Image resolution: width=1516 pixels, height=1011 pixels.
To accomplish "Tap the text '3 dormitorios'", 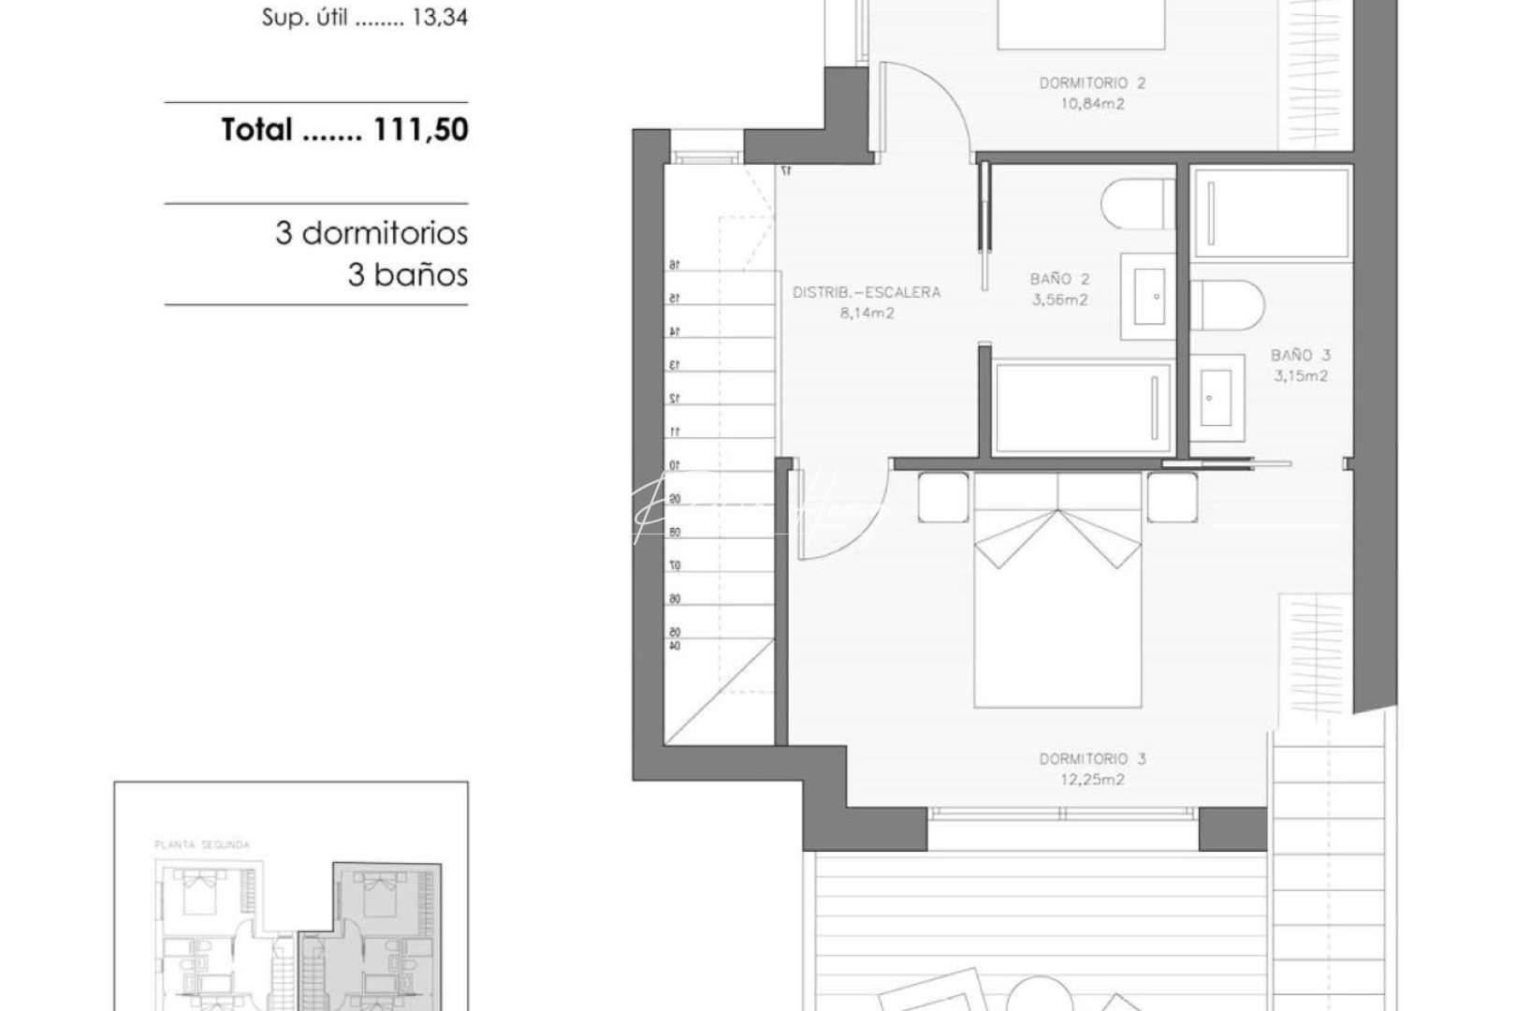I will tap(372, 232).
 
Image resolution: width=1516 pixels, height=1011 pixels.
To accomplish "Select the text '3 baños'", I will tap(407, 275).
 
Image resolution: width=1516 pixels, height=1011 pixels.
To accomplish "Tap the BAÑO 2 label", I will tap(1059, 279).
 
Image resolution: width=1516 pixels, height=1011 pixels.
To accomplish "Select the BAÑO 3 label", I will tap(1300, 356).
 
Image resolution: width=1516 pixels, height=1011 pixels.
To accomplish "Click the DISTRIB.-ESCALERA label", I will tap(866, 292).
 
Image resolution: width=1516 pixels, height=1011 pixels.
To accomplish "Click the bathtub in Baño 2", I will tap(1082, 409).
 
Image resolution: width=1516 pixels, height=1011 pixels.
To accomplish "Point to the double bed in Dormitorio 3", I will tap(1057, 608).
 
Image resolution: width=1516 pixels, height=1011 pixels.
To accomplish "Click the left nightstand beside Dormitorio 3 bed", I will tap(942, 498).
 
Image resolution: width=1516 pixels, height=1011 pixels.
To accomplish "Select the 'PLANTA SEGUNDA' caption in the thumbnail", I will tap(202, 844).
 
